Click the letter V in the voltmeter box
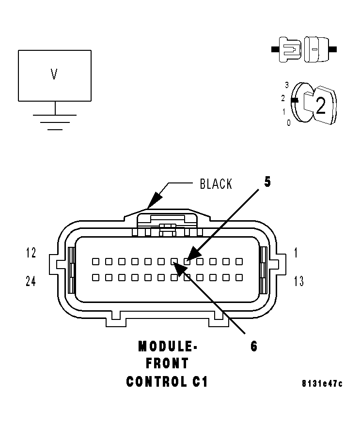(54, 74)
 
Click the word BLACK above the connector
(216, 184)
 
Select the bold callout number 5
(267, 182)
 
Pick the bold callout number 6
(254, 347)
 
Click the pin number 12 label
(31, 253)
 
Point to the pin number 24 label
(31, 281)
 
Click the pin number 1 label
(296, 253)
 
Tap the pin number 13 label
(298, 281)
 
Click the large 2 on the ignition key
(320, 106)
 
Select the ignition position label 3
(287, 85)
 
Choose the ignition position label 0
(289, 123)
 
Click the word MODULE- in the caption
(168, 347)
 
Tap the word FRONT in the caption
(167, 363)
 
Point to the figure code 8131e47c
(322, 383)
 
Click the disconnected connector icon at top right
(304, 49)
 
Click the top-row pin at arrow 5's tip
(187, 261)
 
